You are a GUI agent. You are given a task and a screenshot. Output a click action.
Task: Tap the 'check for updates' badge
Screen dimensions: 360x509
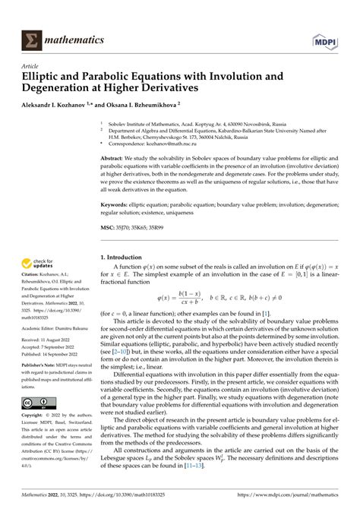[37, 264]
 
